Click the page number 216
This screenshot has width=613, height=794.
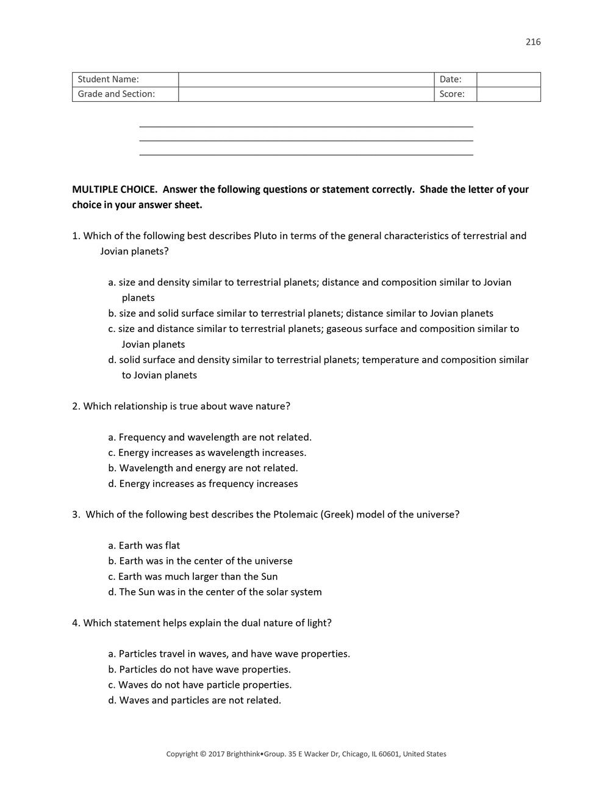coord(532,42)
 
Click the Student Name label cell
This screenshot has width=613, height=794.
coord(109,79)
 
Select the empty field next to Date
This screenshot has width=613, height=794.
coord(508,79)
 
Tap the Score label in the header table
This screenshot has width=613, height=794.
coord(452,94)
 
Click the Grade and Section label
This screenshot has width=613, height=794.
coord(117,94)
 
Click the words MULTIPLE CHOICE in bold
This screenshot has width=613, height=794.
coord(115,189)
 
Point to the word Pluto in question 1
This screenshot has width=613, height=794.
coord(265,236)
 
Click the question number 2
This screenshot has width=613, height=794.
coord(76,406)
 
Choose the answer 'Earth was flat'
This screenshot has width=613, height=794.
coord(149,546)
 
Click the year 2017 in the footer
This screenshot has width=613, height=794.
coord(217,754)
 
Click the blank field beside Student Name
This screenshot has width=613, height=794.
coord(306,79)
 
